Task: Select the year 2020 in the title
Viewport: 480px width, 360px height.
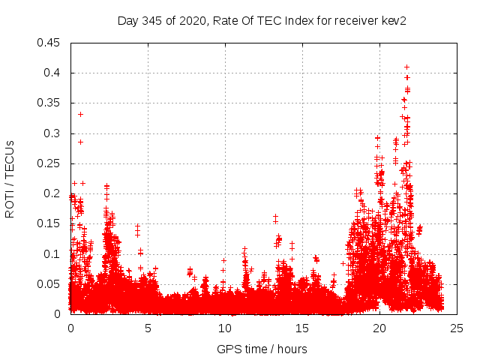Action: (x=191, y=20)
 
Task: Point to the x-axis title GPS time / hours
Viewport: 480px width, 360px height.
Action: (x=262, y=349)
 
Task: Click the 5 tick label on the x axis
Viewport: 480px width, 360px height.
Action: (x=148, y=328)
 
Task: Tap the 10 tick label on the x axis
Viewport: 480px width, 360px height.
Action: (x=225, y=328)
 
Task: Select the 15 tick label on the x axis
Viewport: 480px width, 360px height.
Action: (x=302, y=328)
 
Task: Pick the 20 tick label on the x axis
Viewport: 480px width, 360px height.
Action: (x=379, y=328)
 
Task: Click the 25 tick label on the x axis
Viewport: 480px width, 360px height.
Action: (x=457, y=328)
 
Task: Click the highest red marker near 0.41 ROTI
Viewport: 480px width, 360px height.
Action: (x=406, y=67)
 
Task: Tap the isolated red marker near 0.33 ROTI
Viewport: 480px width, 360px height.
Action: (x=80, y=114)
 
